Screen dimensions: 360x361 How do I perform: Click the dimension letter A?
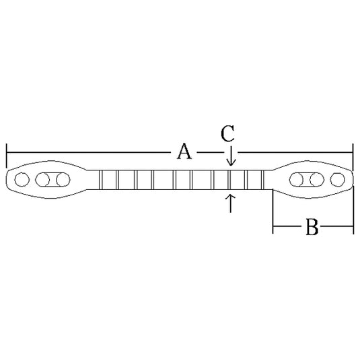pyautogui.click(x=184, y=152)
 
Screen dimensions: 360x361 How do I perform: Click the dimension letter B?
pyautogui.click(x=312, y=227)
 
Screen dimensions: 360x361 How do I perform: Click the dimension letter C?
pyautogui.click(x=227, y=133)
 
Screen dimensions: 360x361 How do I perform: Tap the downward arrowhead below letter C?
pyautogui.click(x=231, y=162)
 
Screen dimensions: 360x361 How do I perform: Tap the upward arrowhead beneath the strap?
pyautogui.click(x=231, y=197)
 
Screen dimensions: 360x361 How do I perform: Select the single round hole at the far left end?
pyautogui.click(x=22, y=179)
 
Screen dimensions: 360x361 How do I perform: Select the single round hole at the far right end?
pyautogui.click(x=337, y=180)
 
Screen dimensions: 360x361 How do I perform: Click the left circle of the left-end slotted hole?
pyautogui.click(x=42, y=180)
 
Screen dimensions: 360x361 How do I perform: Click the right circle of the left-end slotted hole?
pyautogui.click(x=63, y=180)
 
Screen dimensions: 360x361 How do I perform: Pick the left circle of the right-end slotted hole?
pyautogui.click(x=297, y=180)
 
